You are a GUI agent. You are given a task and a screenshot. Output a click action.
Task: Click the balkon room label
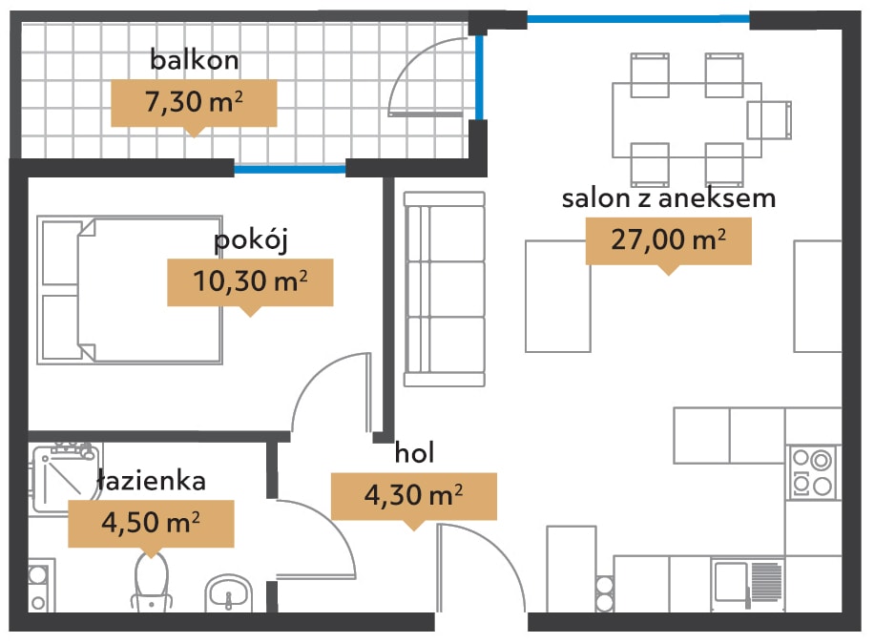(x=194, y=59)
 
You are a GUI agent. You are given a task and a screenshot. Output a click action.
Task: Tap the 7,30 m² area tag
(x=194, y=103)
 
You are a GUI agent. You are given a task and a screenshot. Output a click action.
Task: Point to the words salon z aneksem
(x=668, y=198)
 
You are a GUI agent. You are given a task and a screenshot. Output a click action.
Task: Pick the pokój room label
(x=251, y=241)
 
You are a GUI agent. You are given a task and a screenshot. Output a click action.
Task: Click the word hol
(x=414, y=452)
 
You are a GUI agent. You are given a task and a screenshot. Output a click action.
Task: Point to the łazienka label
(x=152, y=480)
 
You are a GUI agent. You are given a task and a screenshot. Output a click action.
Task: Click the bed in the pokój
(x=130, y=290)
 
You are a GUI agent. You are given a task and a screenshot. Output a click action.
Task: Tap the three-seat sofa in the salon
(x=445, y=289)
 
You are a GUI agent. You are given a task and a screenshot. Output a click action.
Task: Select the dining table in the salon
(x=687, y=120)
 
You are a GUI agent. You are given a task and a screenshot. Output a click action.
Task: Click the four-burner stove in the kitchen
(x=813, y=472)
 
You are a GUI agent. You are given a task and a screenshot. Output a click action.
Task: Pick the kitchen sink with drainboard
(x=748, y=583)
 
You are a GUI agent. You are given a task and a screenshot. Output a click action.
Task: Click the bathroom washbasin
(x=229, y=592)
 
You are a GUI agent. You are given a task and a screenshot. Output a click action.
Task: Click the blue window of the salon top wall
(x=638, y=19)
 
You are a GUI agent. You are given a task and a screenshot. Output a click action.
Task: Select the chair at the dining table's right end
(x=769, y=120)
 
